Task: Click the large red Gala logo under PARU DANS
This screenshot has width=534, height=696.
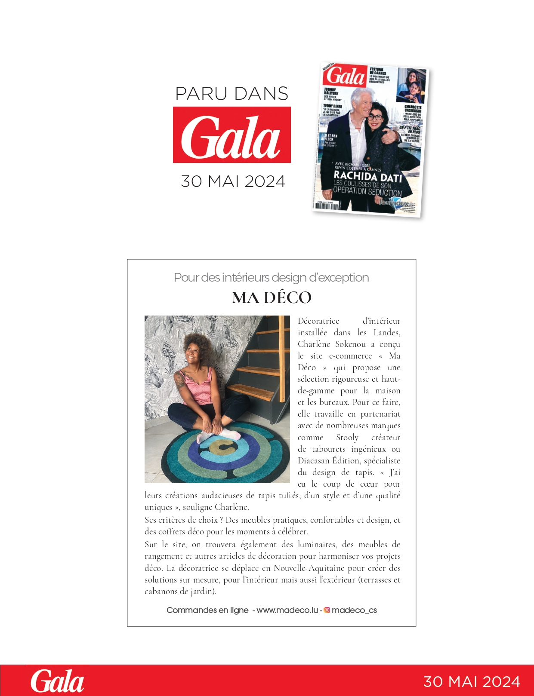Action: point(232,135)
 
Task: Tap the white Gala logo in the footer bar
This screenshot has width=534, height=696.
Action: point(57,681)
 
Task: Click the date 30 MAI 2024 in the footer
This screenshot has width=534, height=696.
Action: point(472,682)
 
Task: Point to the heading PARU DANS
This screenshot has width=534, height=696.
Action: point(232,94)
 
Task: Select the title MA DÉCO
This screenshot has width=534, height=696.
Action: point(272,297)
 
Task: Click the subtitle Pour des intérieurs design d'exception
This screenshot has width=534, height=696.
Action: point(271,278)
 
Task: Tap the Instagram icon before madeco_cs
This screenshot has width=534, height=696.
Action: point(327,610)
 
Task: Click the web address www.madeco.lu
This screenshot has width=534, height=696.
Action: point(287,610)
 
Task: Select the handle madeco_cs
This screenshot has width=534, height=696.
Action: point(354,610)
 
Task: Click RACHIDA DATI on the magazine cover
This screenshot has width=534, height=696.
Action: point(368,176)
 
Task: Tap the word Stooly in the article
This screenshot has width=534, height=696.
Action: point(347,438)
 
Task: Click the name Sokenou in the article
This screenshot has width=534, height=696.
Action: point(350,344)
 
